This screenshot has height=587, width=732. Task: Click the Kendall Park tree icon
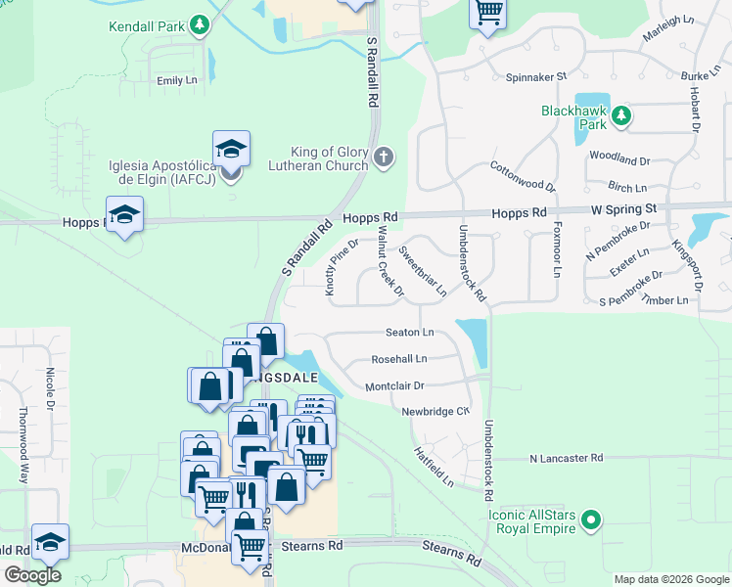pyautogui.click(x=200, y=23)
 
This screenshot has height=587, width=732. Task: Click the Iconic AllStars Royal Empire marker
pyautogui.click(x=590, y=519)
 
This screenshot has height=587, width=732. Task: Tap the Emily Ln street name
pyautogui.click(x=177, y=80)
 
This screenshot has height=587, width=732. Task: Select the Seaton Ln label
pyautogui.click(x=409, y=333)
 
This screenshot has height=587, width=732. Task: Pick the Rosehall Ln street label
pyautogui.click(x=399, y=360)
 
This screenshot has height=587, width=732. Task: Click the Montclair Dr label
pyautogui.click(x=393, y=386)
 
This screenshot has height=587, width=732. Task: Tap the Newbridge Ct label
pyautogui.click(x=435, y=412)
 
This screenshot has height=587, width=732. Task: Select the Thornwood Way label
pyautogui.click(x=23, y=446)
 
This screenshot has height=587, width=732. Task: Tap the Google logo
pyautogui.click(x=32, y=575)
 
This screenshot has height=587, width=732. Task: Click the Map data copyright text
pyautogui.click(x=670, y=579)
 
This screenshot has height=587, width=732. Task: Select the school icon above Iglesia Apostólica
pyautogui.click(x=231, y=150)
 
